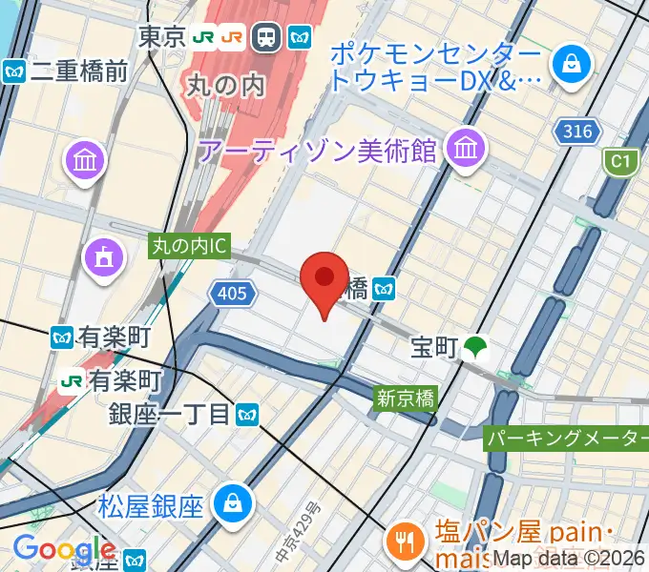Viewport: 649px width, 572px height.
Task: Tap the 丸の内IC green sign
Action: tap(190, 246)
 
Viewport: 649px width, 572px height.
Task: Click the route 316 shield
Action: tap(577, 132)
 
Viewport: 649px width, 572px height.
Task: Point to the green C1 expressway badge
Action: tap(621, 162)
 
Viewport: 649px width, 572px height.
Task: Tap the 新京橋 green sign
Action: tap(405, 398)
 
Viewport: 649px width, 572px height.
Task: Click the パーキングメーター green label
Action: tap(567, 439)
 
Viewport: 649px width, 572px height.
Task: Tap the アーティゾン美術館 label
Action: tap(317, 150)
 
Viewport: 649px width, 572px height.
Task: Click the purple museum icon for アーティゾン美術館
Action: tap(467, 148)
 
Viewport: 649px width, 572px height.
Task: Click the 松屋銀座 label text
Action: tap(151, 504)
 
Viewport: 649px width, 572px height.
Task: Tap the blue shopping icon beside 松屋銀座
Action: tap(232, 501)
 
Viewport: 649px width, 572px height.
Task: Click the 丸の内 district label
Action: tap(222, 86)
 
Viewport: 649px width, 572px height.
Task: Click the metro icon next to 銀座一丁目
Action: tap(248, 414)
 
